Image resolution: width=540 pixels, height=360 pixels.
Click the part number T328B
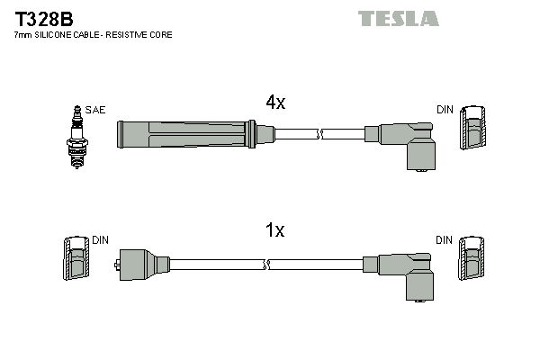tap(42, 17)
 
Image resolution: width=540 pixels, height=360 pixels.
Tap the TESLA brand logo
tap(398, 18)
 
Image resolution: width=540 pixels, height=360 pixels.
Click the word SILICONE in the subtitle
tap(61, 34)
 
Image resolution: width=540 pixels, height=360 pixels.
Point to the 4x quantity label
tap(274, 103)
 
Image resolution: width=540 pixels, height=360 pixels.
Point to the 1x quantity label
tap(274, 230)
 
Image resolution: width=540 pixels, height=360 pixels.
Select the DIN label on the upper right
tap(445, 110)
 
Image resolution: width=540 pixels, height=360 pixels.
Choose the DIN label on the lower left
tap(100, 241)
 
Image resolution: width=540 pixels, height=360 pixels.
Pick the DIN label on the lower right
tap(445, 241)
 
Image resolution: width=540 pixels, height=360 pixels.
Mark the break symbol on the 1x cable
tap(266, 265)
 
